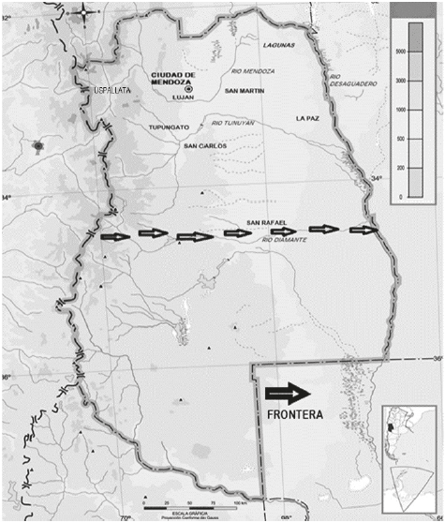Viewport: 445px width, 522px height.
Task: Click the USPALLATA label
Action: pyautogui.click(x=112, y=90)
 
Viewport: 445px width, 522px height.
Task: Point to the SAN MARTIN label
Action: pyautogui.click(x=243, y=91)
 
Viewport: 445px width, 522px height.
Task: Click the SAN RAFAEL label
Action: pyautogui.click(x=266, y=223)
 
